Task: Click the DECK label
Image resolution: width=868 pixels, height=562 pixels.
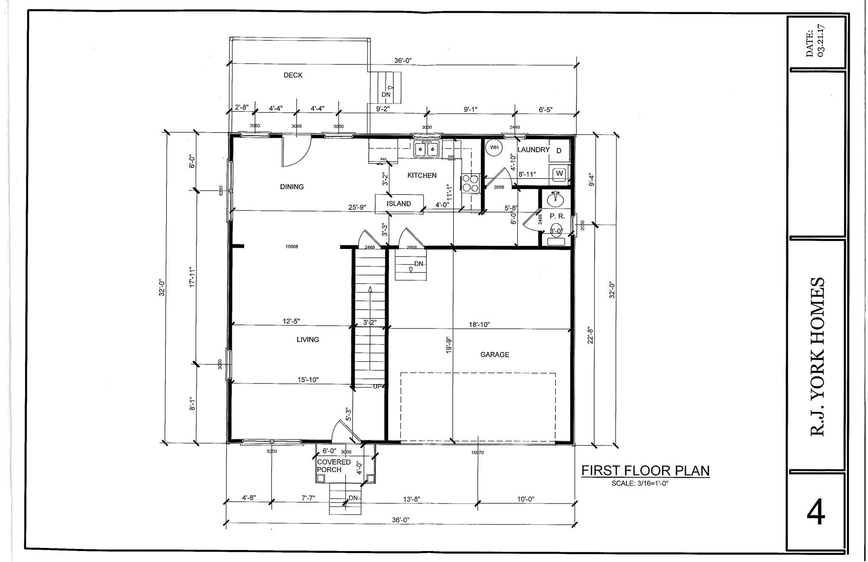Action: pyautogui.click(x=293, y=75)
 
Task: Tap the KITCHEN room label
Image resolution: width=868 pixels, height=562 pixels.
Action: pyautogui.click(x=422, y=176)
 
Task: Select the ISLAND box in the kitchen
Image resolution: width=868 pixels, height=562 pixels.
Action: pyautogui.click(x=399, y=204)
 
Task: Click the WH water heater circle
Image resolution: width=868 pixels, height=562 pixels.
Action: pyautogui.click(x=494, y=148)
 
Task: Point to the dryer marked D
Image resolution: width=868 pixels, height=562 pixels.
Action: pyautogui.click(x=559, y=151)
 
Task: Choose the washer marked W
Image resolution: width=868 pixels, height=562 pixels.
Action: pyautogui.click(x=559, y=173)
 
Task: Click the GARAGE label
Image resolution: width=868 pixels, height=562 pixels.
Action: pyautogui.click(x=495, y=355)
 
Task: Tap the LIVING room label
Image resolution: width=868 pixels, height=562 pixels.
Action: pyautogui.click(x=308, y=340)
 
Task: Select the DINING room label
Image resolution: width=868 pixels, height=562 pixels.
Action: pyautogui.click(x=292, y=187)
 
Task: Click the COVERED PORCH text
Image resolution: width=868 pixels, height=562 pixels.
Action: pyautogui.click(x=334, y=466)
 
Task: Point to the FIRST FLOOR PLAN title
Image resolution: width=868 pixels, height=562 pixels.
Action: pyautogui.click(x=645, y=471)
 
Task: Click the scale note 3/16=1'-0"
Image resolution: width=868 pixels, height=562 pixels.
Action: pyautogui.click(x=640, y=483)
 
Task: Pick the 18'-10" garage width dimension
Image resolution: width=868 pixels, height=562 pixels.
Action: pyautogui.click(x=479, y=325)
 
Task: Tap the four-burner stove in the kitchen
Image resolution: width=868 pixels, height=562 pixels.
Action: pyautogui.click(x=470, y=184)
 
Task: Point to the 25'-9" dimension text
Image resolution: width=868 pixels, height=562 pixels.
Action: pyautogui.click(x=357, y=208)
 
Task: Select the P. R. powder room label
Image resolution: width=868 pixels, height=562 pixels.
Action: pyautogui.click(x=557, y=216)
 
